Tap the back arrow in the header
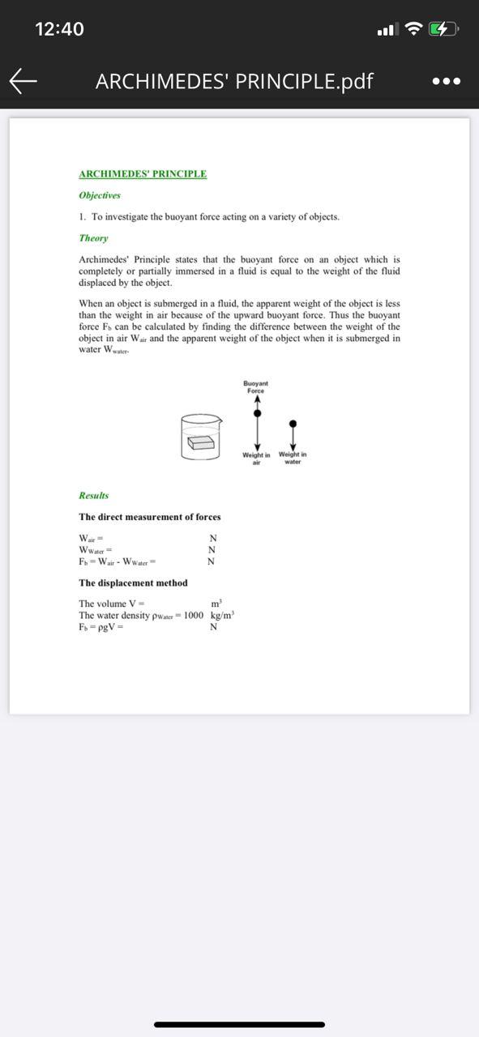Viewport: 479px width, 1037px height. point(24,80)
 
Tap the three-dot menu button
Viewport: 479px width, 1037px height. point(447,81)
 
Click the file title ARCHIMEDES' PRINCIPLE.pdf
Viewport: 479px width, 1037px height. point(234,81)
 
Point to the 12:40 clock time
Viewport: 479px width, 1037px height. point(59,29)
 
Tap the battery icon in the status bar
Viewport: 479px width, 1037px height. point(443,30)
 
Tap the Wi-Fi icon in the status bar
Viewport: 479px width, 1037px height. point(414,30)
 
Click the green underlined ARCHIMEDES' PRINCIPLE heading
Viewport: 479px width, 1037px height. point(143,174)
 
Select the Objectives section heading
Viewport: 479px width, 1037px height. point(100,195)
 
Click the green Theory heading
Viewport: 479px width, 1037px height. point(93,238)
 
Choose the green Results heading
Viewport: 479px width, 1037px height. point(93,496)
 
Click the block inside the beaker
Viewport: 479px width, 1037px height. point(201,443)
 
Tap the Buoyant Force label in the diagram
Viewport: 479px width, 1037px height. point(256,386)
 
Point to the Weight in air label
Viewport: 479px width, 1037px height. point(256,459)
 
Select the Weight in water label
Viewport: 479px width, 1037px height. point(293,458)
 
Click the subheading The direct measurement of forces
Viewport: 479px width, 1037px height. point(149,517)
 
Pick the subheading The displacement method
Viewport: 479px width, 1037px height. point(133,583)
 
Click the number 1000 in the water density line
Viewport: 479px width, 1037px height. point(194,616)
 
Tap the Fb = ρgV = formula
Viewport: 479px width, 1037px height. point(101,627)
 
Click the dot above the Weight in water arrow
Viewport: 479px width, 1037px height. point(293,423)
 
